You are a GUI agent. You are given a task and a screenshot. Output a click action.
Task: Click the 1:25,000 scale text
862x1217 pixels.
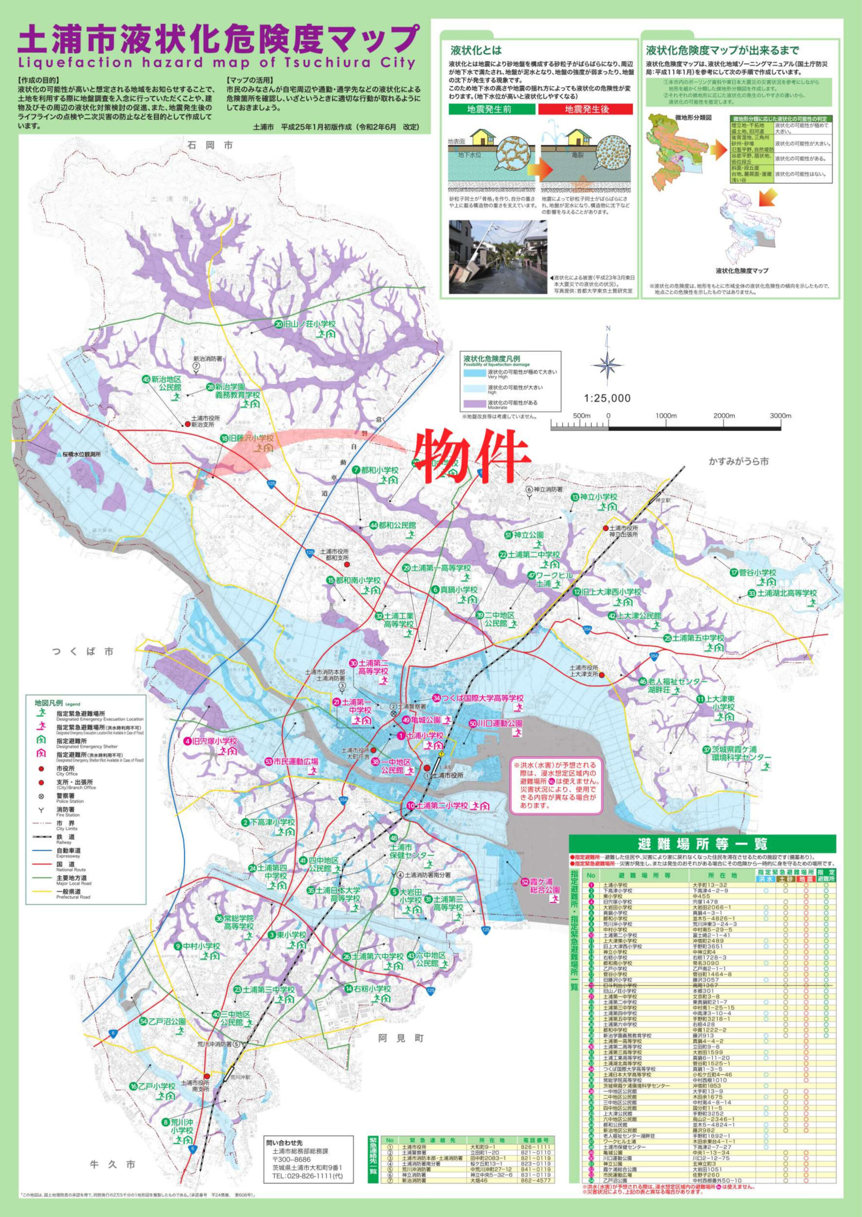click(x=607, y=398)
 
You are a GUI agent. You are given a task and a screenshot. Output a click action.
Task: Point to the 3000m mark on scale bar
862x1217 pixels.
click(x=780, y=416)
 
